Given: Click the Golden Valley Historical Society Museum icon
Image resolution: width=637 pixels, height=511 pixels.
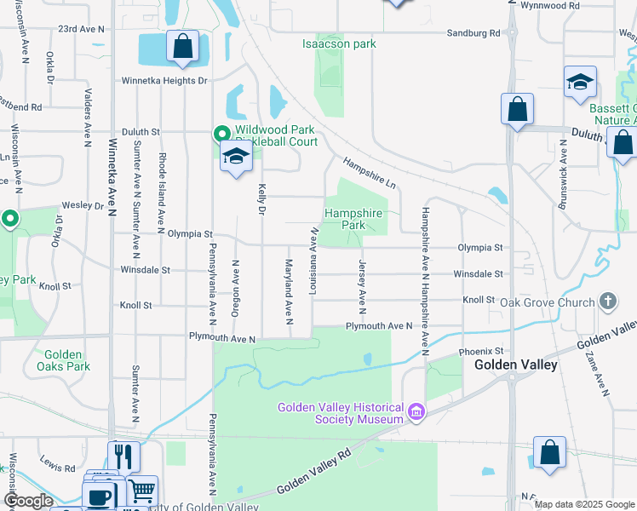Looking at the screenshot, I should pos(416,413).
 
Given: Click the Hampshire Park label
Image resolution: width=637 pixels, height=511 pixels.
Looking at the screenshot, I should pos(353,219).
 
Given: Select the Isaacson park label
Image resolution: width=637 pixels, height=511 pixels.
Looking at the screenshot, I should pos(339,43).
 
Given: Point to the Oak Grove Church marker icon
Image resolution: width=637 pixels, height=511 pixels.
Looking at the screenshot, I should pos(607,301).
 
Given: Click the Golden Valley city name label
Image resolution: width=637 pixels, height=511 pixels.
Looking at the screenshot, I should pos(516,365).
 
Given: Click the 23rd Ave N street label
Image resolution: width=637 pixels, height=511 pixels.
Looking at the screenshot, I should pos(81,29).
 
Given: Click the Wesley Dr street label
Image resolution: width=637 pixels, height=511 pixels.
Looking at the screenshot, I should pos(81,206).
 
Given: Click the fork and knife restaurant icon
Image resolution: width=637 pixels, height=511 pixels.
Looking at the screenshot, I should pos(123,457).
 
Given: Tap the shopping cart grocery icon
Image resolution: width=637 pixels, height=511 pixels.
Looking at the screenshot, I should pos(141,491).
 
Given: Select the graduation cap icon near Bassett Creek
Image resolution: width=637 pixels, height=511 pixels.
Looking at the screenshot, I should pos(580,82).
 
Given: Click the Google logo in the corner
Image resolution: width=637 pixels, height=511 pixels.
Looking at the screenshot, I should pos(29,501).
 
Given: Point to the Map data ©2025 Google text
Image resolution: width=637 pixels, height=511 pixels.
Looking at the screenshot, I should pos(585,504).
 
